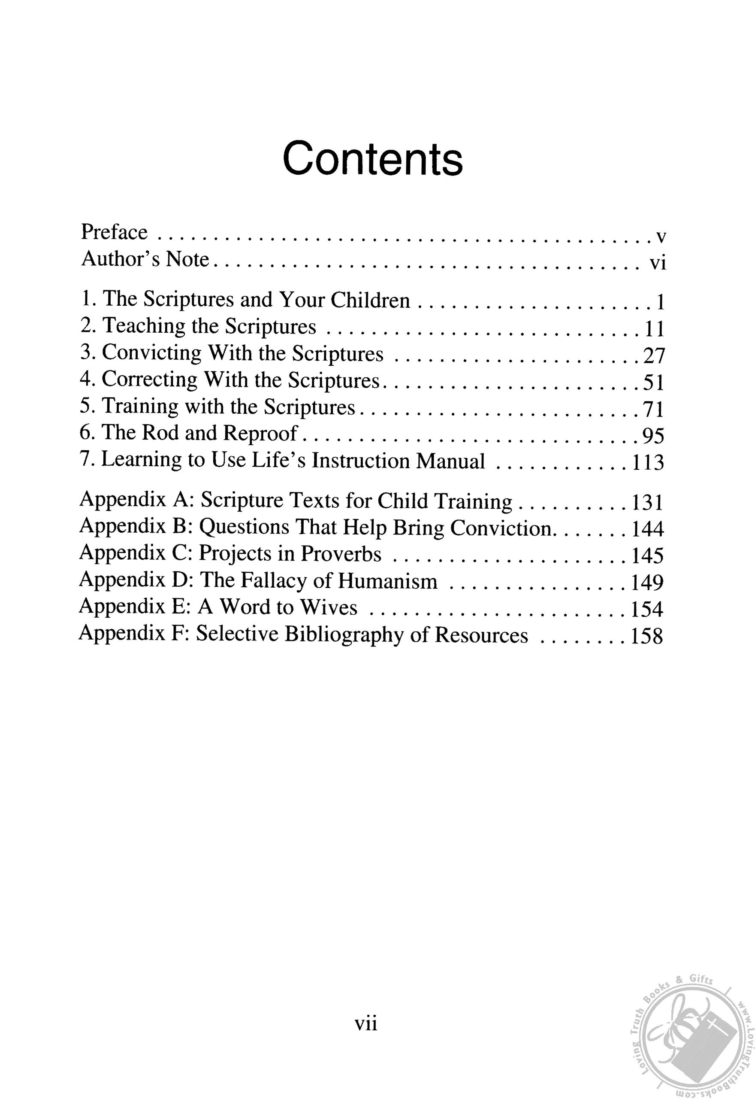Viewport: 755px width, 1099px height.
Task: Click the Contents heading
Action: [372, 158]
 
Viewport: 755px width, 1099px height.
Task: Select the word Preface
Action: [114, 232]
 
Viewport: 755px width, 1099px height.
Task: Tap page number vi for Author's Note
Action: [657, 262]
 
